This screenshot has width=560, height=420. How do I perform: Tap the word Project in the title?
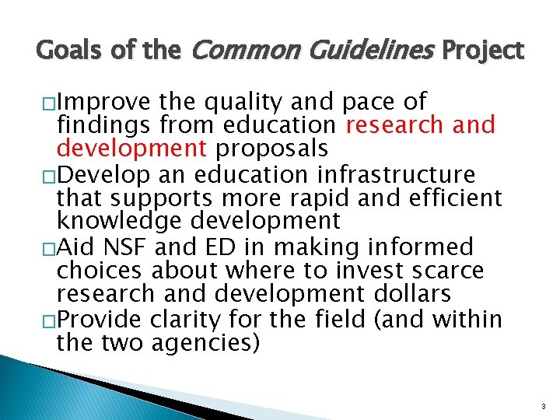[x=483, y=51]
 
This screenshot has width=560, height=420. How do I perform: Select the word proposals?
[x=273, y=149]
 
